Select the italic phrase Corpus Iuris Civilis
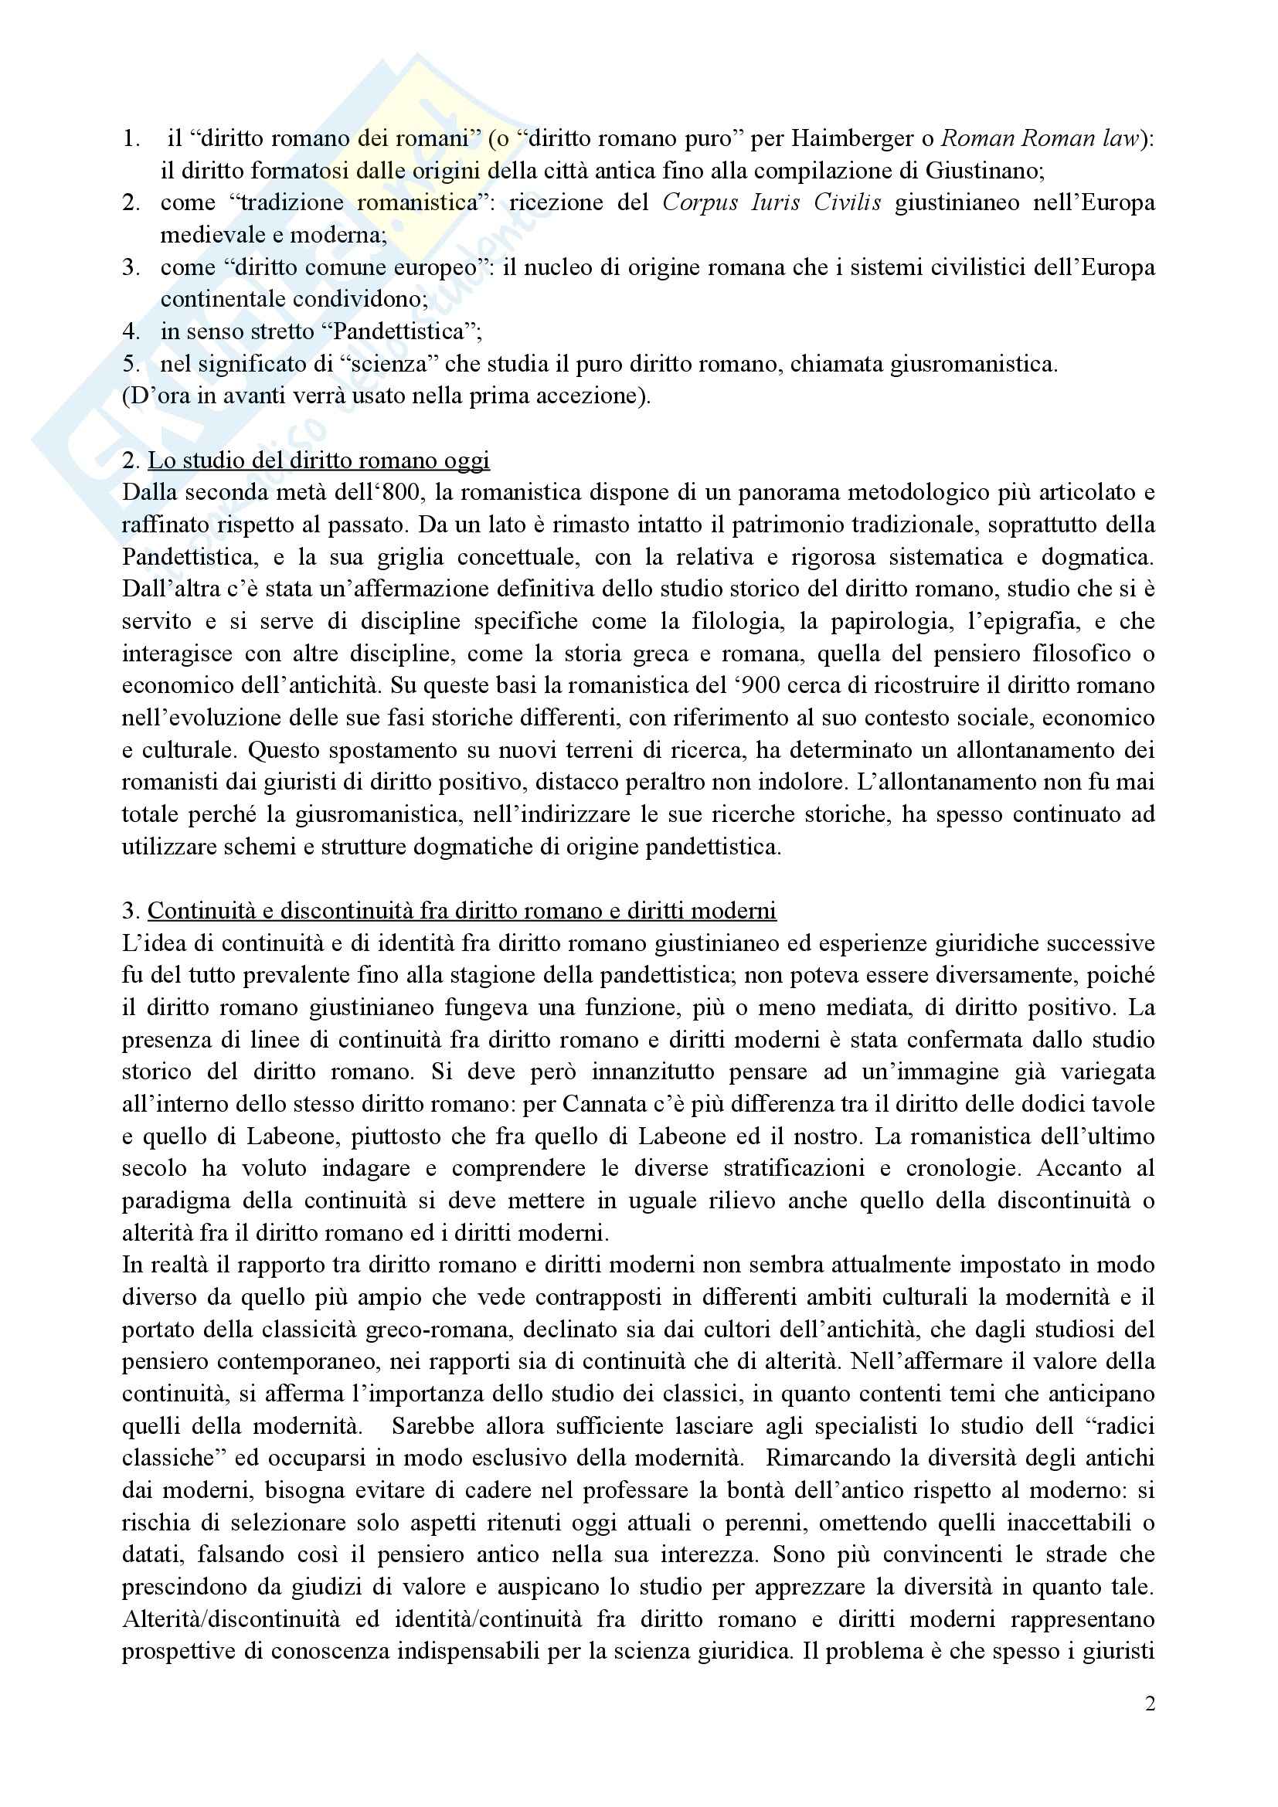point(772,203)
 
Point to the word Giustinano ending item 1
point(984,171)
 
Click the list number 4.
point(131,331)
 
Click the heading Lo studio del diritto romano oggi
point(318,460)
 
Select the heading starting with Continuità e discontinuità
point(462,911)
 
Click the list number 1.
point(131,139)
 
